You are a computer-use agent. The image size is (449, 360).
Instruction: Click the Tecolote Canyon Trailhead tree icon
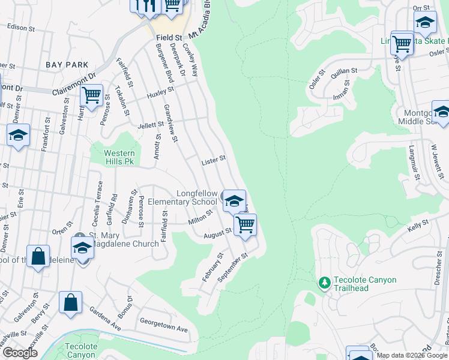tap(324, 282)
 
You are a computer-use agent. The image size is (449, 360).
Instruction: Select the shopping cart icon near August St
tap(245, 225)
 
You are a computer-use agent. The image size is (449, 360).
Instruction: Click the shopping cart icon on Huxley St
tap(91, 95)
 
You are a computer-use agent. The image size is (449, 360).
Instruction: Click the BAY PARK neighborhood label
tap(67, 65)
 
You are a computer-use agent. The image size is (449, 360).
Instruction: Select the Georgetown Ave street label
tap(163, 330)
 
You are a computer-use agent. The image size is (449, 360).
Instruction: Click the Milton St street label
tap(201, 217)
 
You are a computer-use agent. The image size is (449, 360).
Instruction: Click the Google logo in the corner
tap(20, 353)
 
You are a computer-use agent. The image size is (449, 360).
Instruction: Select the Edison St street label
tap(18, 28)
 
